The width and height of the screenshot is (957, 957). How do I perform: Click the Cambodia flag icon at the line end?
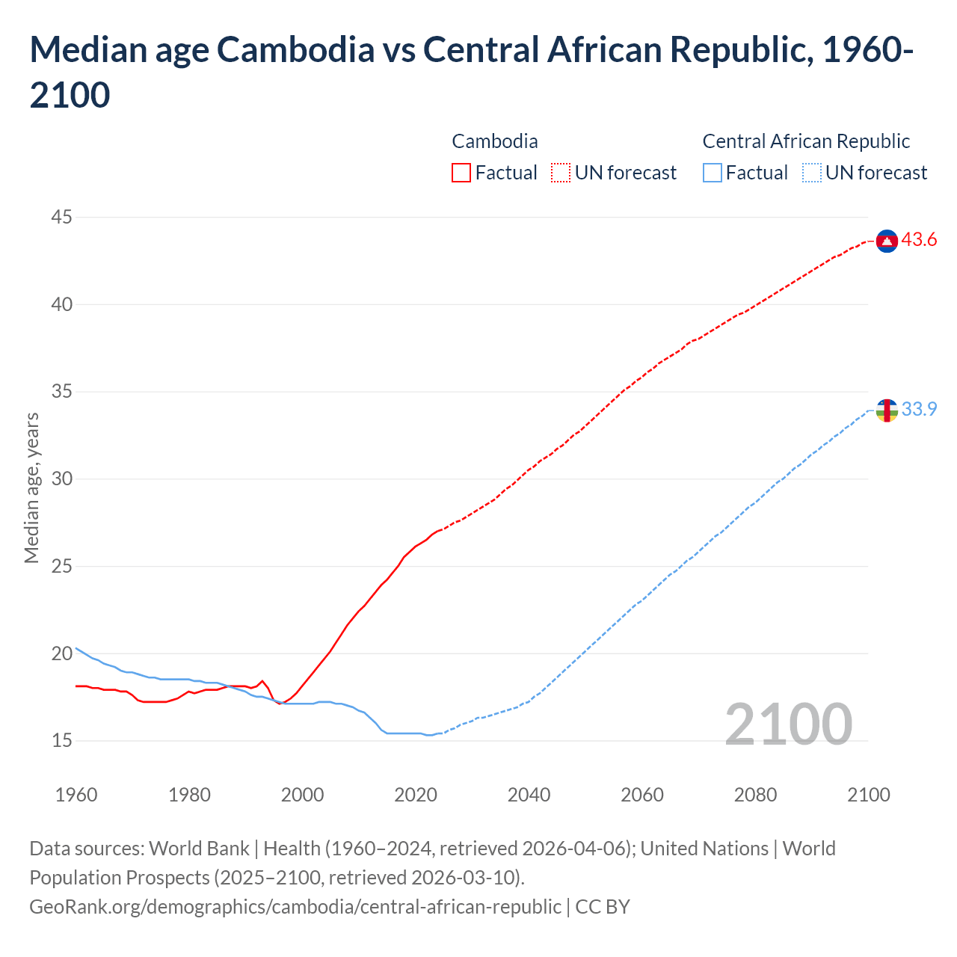click(x=887, y=241)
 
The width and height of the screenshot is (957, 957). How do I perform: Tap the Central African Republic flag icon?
click(x=887, y=410)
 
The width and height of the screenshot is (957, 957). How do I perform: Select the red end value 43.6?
click(x=919, y=240)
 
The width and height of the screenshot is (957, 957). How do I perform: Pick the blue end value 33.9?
click(x=919, y=409)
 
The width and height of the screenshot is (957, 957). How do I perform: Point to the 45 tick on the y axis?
click(x=62, y=218)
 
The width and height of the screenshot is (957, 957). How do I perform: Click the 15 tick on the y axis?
click(x=62, y=741)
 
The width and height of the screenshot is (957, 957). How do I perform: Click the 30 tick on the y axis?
click(x=62, y=479)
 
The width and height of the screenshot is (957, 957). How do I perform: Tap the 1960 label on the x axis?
click(x=76, y=795)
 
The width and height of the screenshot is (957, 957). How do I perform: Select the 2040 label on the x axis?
click(x=529, y=795)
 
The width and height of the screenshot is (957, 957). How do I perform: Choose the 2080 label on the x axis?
click(x=755, y=795)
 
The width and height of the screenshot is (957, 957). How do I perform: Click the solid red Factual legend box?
click(x=461, y=173)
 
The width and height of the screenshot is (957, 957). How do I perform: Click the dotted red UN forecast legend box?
click(x=561, y=173)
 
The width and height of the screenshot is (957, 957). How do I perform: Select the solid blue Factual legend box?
click(x=712, y=173)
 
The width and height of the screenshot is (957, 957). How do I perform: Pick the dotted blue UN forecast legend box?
click(x=811, y=173)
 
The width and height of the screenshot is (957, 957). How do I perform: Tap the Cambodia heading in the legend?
click(x=494, y=141)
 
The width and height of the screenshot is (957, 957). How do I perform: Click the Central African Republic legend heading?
click(x=806, y=141)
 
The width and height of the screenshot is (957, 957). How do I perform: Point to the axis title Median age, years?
click(x=31, y=487)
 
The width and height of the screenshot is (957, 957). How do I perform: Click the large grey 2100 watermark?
click(x=788, y=724)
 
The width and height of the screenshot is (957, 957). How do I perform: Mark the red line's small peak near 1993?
click(x=262, y=681)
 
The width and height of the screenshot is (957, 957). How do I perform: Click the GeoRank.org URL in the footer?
click(x=295, y=907)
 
